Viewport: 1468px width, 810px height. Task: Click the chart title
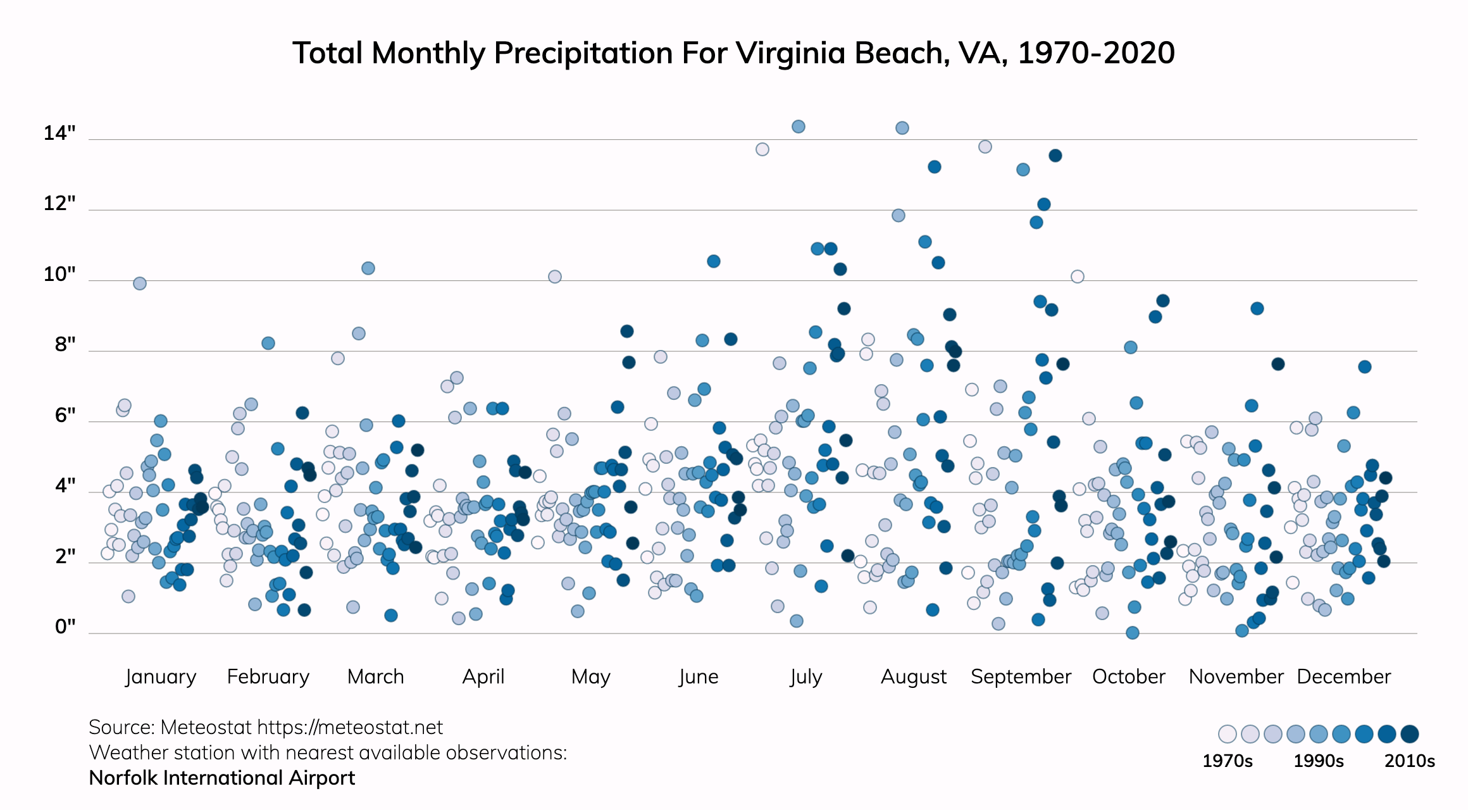click(x=733, y=53)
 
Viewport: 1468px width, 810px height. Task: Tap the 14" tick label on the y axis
click(x=59, y=134)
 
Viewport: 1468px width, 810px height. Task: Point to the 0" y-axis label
click(x=65, y=626)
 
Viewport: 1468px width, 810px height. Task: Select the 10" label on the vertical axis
click(x=59, y=275)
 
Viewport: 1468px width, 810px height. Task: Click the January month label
click(x=161, y=676)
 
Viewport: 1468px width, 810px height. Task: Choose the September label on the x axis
click(x=1021, y=676)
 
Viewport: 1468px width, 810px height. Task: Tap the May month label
click(x=590, y=676)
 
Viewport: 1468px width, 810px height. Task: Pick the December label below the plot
click(x=1343, y=676)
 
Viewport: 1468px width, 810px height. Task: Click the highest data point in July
click(x=799, y=127)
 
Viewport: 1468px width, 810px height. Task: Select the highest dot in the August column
click(x=902, y=128)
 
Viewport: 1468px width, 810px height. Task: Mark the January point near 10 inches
click(x=140, y=283)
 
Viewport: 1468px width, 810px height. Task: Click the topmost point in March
click(x=368, y=268)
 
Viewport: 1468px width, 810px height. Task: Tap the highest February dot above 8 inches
click(x=268, y=343)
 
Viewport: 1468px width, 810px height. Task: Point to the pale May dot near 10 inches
click(x=555, y=277)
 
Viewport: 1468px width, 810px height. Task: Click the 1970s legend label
click(x=1227, y=761)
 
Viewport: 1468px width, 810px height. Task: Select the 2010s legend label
click(x=1409, y=761)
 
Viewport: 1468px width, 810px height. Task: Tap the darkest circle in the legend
click(x=1410, y=734)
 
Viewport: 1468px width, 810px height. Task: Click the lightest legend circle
click(x=1228, y=734)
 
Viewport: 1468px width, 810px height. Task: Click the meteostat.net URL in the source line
click(x=350, y=728)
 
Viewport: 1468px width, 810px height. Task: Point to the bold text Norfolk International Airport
click(x=222, y=778)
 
